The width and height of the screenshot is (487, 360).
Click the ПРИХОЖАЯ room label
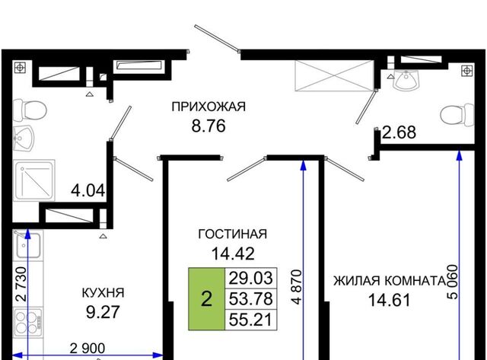tap(208, 107)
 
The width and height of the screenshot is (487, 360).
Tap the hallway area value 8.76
tap(208, 126)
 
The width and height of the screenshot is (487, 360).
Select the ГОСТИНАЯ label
tap(232, 234)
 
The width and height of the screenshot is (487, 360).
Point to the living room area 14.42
tap(233, 253)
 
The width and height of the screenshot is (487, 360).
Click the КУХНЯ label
tap(103, 292)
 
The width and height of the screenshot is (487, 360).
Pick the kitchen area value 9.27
tap(103, 312)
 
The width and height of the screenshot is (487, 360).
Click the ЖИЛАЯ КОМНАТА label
tap(390, 281)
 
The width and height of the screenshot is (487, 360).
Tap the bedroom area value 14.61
tap(390, 301)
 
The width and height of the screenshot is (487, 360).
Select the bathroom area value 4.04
tap(88, 190)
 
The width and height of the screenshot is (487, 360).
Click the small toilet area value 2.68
tap(399, 132)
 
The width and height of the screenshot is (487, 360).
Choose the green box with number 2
tap(206, 299)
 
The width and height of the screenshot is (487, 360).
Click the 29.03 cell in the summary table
tap(250, 278)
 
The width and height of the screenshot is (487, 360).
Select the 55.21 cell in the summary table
tap(250, 320)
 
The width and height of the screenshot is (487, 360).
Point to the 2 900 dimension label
tap(88, 348)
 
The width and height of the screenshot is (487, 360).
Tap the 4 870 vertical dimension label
tap(297, 287)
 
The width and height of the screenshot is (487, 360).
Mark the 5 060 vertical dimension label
tap(452, 282)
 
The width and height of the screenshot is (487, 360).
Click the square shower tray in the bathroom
tap(34, 180)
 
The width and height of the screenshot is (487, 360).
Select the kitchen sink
tap(28, 245)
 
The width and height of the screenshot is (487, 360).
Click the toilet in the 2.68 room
tap(457, 115)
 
